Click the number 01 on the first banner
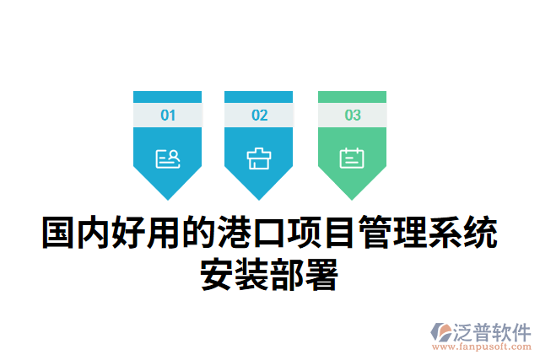point(168,116)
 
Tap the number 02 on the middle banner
point(259,116)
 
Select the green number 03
point(352,116)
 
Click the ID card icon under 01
point(168,158)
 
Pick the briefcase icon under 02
point(259,158)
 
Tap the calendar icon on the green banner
point(352,158)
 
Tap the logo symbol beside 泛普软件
point(442,331)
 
